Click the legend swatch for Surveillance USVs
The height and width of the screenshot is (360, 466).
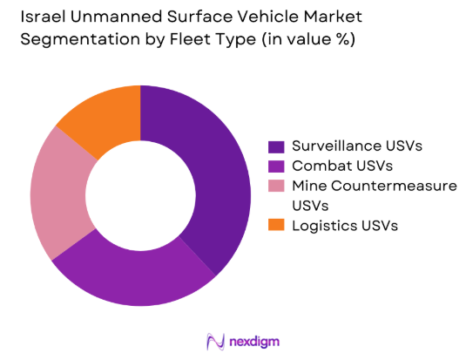(x=277, y=146)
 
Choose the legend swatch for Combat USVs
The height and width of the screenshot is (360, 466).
(x=277, y=166)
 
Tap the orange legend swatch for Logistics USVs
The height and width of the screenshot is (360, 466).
(x=277, y=225)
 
